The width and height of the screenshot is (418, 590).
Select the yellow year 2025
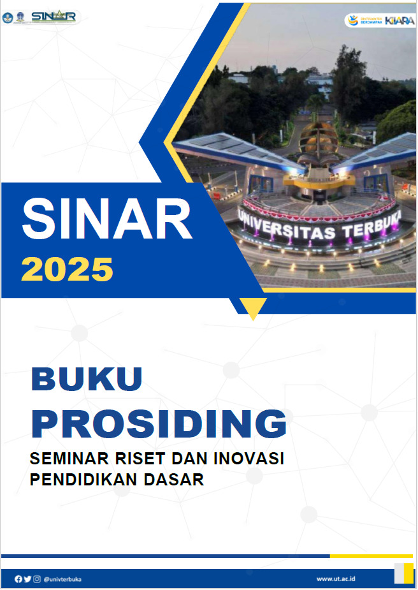[67, 269]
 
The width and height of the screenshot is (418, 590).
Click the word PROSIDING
[159, 424]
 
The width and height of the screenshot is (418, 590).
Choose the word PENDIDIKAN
[82, 480]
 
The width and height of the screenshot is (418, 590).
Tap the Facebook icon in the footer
[18, 579]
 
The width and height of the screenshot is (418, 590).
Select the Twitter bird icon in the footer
[27, 579]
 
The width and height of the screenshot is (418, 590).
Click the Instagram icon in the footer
[37, 579]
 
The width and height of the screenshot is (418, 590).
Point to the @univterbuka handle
[62, 579]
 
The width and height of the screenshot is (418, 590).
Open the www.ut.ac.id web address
[336, 579]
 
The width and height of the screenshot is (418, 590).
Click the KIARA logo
[398, 20]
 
